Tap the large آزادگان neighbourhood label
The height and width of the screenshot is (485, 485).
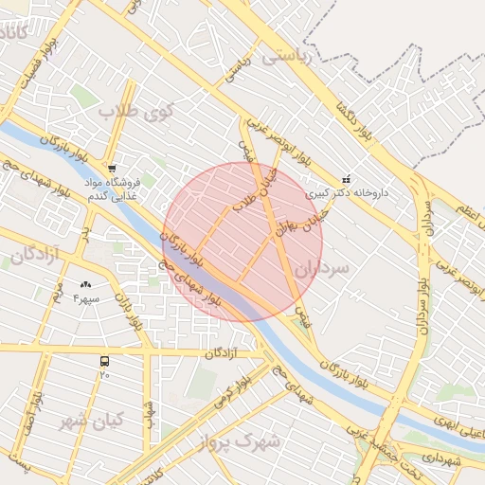pyautogui.click(x=34, y=255)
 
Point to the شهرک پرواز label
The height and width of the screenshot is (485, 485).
pyautogui.click(x=241, y=440)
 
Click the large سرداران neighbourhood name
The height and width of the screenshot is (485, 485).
pyautogui.click(x=322, y=268)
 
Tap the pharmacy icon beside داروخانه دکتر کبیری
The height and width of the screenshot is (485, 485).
pyautogui.click(x=346, y=179)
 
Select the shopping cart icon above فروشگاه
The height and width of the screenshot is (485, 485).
pyautogui.click(x=112, y=169)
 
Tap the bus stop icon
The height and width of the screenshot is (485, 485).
pyautogui.click(x=104, y=361)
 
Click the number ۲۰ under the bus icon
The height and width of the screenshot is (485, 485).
pyautogui.click(x=104, y=374)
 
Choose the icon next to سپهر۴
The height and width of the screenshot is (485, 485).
pyautogui.click(x=87, y=284)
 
